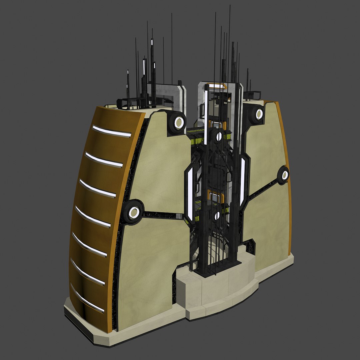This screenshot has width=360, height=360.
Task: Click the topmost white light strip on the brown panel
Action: point(112,131)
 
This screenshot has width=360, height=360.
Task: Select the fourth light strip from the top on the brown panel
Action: point(93,216)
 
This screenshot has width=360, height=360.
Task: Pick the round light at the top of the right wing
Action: point(259,114)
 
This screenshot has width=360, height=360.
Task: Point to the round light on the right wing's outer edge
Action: point(284,175)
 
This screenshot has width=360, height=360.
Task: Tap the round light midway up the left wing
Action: point(133,212)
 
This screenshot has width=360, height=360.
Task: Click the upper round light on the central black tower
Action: point(219,136)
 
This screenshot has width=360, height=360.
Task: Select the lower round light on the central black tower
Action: point(217,216)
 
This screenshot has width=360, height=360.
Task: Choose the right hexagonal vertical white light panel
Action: point(242,182)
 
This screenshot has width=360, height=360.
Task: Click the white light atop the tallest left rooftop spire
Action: point(152,42)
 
